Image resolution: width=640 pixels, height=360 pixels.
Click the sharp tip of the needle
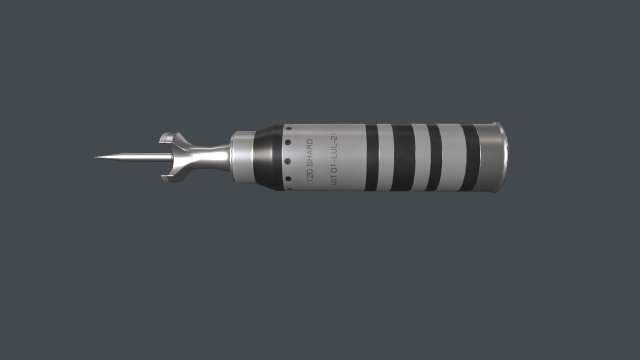pos(97,157)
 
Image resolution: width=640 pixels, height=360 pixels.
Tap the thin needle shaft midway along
pos(130,157)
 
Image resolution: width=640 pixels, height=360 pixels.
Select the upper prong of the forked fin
pos(168,138)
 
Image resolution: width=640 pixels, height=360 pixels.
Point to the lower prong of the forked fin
pos(168,178)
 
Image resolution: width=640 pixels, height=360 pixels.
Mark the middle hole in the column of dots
pos(291,157)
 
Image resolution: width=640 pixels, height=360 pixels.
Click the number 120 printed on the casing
pos(309,181)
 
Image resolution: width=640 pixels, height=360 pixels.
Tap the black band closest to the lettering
pos(372,157)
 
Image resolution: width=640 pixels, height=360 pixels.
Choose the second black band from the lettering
pos(402,157)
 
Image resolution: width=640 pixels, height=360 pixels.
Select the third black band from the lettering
pos(434,157)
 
